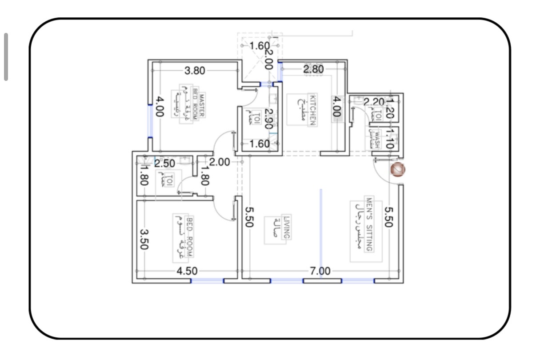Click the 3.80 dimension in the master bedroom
195,70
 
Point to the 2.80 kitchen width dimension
313,69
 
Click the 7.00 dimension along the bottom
320,271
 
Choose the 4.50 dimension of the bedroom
187,271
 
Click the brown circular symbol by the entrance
397,169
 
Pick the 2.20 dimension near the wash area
374,102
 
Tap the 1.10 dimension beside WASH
389,139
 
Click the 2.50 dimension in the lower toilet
164,163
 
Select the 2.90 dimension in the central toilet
268,119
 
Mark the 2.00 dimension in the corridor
220,162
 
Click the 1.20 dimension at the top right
390,108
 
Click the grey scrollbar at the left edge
6,57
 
